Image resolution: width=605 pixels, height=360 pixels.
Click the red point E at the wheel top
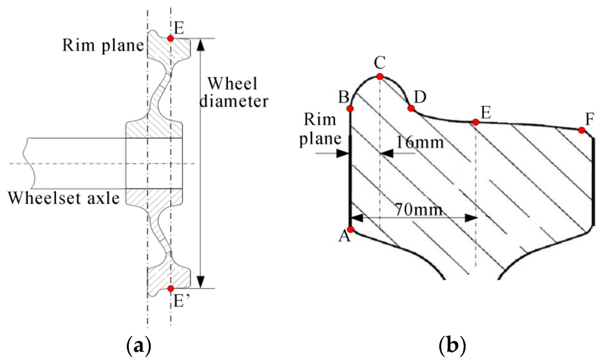170,38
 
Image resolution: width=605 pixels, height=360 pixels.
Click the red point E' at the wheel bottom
170,288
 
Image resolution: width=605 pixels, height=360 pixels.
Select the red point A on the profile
350,229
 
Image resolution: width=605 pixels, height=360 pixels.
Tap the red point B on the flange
350,109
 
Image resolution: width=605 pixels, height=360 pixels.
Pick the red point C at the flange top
380,77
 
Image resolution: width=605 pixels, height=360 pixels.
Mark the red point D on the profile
411,108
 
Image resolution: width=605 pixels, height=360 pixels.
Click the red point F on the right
582,130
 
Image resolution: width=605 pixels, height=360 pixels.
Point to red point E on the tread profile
475,122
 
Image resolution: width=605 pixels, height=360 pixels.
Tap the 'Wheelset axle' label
63,197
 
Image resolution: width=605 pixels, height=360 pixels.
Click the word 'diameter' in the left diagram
234,100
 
